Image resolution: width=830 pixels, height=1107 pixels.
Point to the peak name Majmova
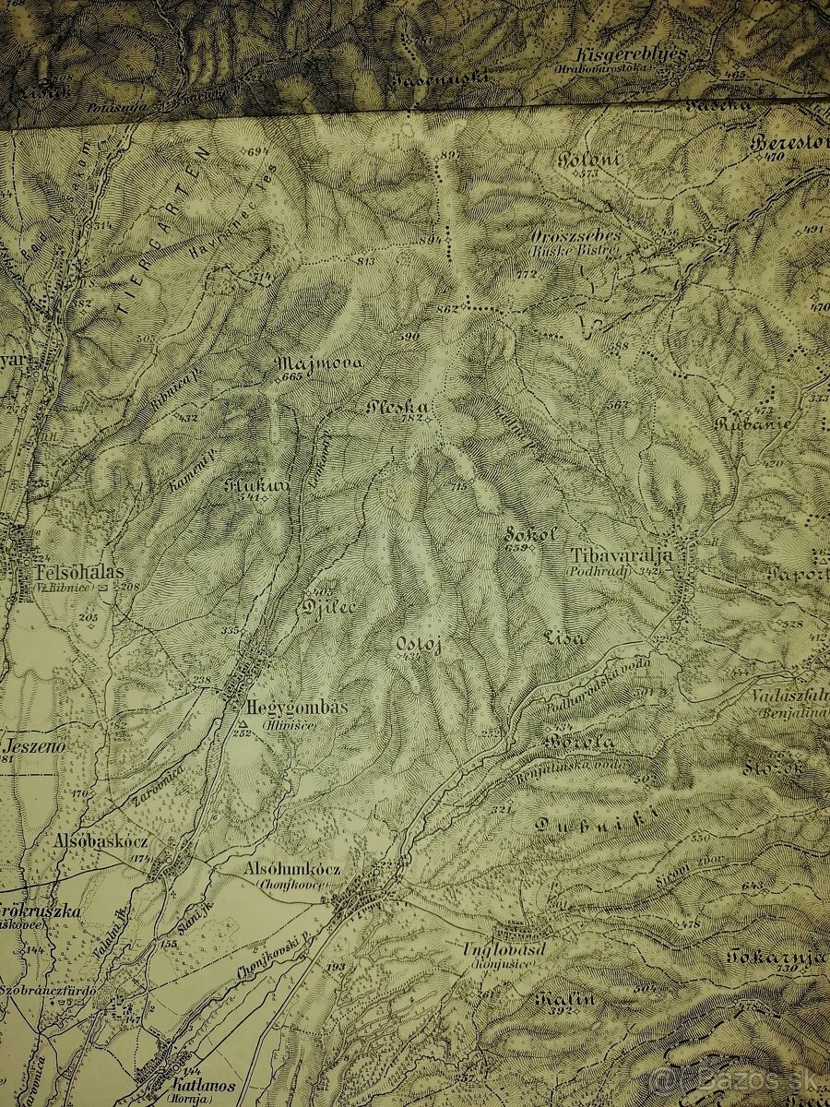(x=319, y=363)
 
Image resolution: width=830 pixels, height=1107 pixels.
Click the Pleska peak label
(x=397, y=406)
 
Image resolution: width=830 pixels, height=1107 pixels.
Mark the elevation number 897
(x=449, y=154)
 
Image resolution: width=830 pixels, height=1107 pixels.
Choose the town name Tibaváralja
(x=620, y=555)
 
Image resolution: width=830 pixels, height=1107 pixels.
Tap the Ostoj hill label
(x=419, y=644)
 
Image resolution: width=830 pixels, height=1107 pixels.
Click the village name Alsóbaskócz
(x=101, y=842)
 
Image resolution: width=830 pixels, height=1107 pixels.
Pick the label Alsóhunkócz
(x=292, y=869)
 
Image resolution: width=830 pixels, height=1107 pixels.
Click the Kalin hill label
(x=563, y=998)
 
